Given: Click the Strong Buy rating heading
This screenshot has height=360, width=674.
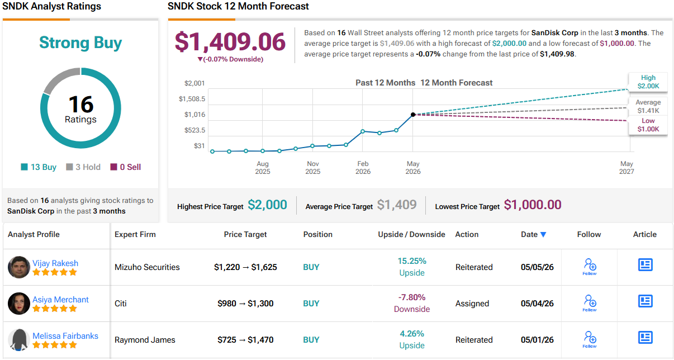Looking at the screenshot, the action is coord(80,42).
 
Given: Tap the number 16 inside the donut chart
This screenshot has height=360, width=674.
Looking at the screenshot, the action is coord(81,104).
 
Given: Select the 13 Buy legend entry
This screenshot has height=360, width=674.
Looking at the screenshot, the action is coord(39,167).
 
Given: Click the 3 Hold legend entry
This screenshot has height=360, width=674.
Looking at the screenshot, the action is coord(83,167).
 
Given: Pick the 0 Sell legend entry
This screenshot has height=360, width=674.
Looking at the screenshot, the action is coord(126,167).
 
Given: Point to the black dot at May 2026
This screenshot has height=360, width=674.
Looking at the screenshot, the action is coord(413,115).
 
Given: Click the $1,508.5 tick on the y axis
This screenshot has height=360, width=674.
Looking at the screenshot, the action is coord(192,99).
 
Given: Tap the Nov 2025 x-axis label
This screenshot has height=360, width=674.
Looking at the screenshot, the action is coord(312,167).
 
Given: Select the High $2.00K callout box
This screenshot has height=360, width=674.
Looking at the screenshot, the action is coord(648,82).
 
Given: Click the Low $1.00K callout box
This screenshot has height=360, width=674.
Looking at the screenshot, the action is coord(648,125).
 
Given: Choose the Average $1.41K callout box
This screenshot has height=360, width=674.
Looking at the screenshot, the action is coord(648,106).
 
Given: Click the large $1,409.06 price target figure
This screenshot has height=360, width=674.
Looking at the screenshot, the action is coord(230,41).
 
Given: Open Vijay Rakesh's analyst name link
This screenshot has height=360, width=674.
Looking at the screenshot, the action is coord(55,263).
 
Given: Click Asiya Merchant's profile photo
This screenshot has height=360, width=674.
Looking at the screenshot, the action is coord(18,304).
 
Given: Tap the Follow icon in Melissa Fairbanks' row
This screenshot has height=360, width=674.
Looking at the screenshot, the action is coord(590,339).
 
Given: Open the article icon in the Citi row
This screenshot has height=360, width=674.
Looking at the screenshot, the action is coord(645,301).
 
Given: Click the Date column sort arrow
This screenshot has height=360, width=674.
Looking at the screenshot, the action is coord(543,234).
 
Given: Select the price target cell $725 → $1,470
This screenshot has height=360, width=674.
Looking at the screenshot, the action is coord(245,340).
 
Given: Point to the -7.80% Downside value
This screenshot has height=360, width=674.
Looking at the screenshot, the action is coord(412,303).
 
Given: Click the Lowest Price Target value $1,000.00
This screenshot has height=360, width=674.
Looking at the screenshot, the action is coord(533,205).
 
